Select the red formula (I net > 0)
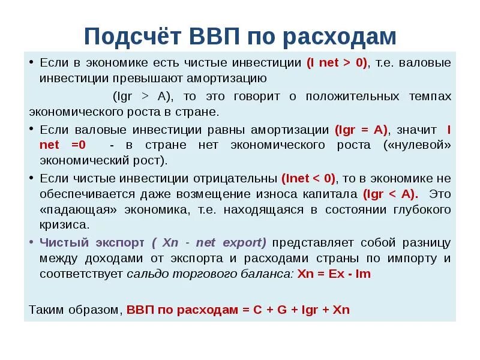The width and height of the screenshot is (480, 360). point(337,62)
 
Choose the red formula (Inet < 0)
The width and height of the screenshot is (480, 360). point(309,178)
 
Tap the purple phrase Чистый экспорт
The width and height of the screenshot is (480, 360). point(92,242)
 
